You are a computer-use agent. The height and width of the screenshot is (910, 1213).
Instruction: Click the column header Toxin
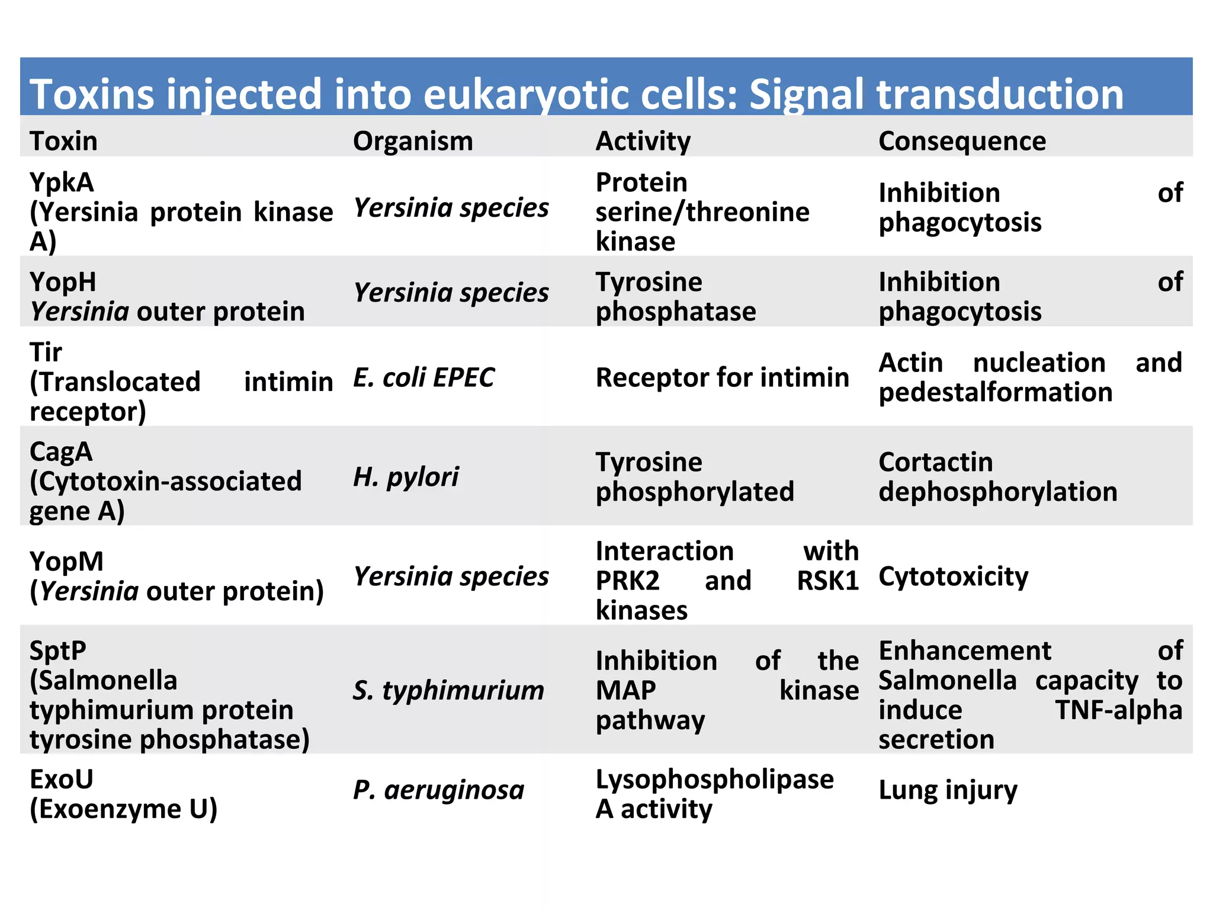pos(63,141)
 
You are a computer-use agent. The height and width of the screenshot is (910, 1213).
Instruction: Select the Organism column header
pos(413,141)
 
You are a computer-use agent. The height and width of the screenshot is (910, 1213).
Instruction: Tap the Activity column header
pos(643,141)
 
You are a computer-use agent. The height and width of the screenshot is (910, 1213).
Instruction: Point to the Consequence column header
pos(962,141)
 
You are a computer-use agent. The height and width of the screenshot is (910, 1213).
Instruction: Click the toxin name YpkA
pos(62,182)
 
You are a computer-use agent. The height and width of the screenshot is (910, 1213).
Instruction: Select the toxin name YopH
pos(63,282)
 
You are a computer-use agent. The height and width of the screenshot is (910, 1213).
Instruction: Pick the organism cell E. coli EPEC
pos(423,377)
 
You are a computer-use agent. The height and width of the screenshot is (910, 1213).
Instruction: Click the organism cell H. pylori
pos(406,477)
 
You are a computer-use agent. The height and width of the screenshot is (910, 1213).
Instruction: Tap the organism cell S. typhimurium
pos(448,690)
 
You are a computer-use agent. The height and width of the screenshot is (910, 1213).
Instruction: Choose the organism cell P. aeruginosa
pos(438,790)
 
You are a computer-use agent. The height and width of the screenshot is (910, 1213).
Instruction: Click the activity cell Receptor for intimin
pos(722,377)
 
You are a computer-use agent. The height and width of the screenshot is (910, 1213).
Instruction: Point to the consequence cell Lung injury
pos(948,790)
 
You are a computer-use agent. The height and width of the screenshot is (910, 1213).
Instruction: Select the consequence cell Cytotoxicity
pos(953,576)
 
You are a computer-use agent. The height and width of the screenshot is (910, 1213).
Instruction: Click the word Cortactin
pos(935,462)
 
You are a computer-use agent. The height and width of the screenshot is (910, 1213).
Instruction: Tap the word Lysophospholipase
pos(714,780)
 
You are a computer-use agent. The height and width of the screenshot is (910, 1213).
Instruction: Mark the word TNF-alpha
pos(1118,710)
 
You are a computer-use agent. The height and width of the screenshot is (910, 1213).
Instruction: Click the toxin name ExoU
pos(62,780)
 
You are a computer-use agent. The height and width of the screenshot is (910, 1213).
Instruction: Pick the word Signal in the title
pos(807,95)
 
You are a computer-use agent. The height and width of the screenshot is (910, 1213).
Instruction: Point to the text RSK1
pos(827,581)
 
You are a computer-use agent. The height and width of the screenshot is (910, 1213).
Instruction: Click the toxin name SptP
pos(58,651)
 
